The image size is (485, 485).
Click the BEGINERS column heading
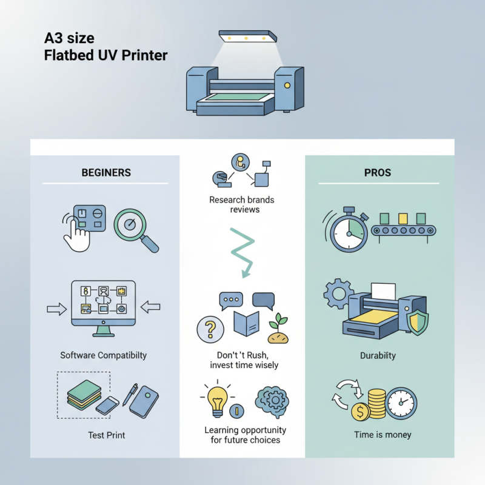pyautogui.click(x=105, y=173)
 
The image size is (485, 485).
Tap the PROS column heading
pyautogui.click(x=378, y=173)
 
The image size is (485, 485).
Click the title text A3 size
pyautogui.click(x=70, y=38)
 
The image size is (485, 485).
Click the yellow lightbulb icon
pyautogui.click(x=217, y=401)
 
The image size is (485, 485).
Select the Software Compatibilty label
pyautogui.click(x=103, y=355)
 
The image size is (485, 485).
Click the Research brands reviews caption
pyautogui.click(x=242, y=205)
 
